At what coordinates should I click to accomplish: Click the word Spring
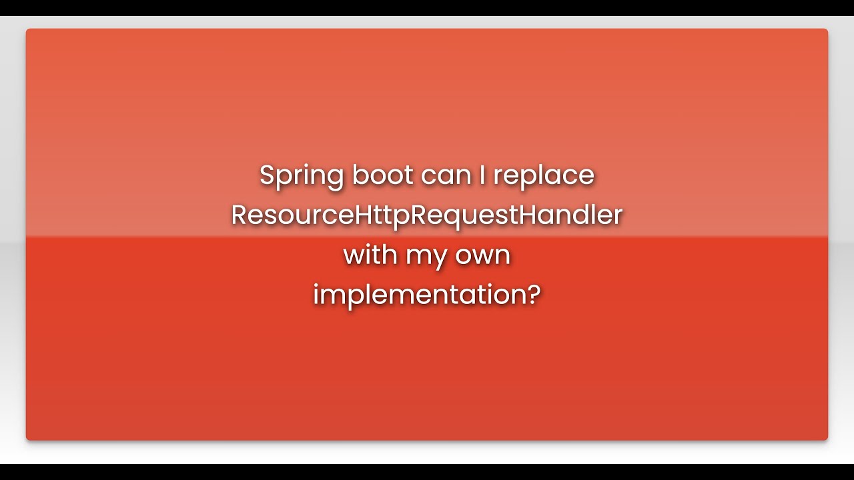(x=302, y=176)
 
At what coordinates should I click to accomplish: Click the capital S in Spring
(x=268, y=175)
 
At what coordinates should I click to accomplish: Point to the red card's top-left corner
(x=27, y=30)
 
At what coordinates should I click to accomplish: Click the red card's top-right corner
(x=827, y=30)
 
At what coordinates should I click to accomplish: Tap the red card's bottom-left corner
(x=27, y=439)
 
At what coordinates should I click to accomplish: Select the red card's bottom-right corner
(x=827, y=439)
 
